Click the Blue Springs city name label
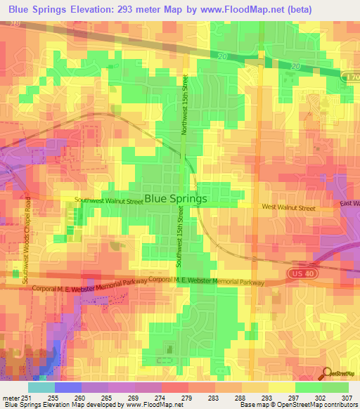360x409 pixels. click(176, 199)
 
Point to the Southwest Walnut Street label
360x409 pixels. click(109, 200)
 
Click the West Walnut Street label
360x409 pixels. click(288, 207)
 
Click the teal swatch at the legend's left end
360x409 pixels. click(41, 387)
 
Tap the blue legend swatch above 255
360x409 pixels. click(68, 387)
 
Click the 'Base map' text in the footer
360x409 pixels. click(254, 404)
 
